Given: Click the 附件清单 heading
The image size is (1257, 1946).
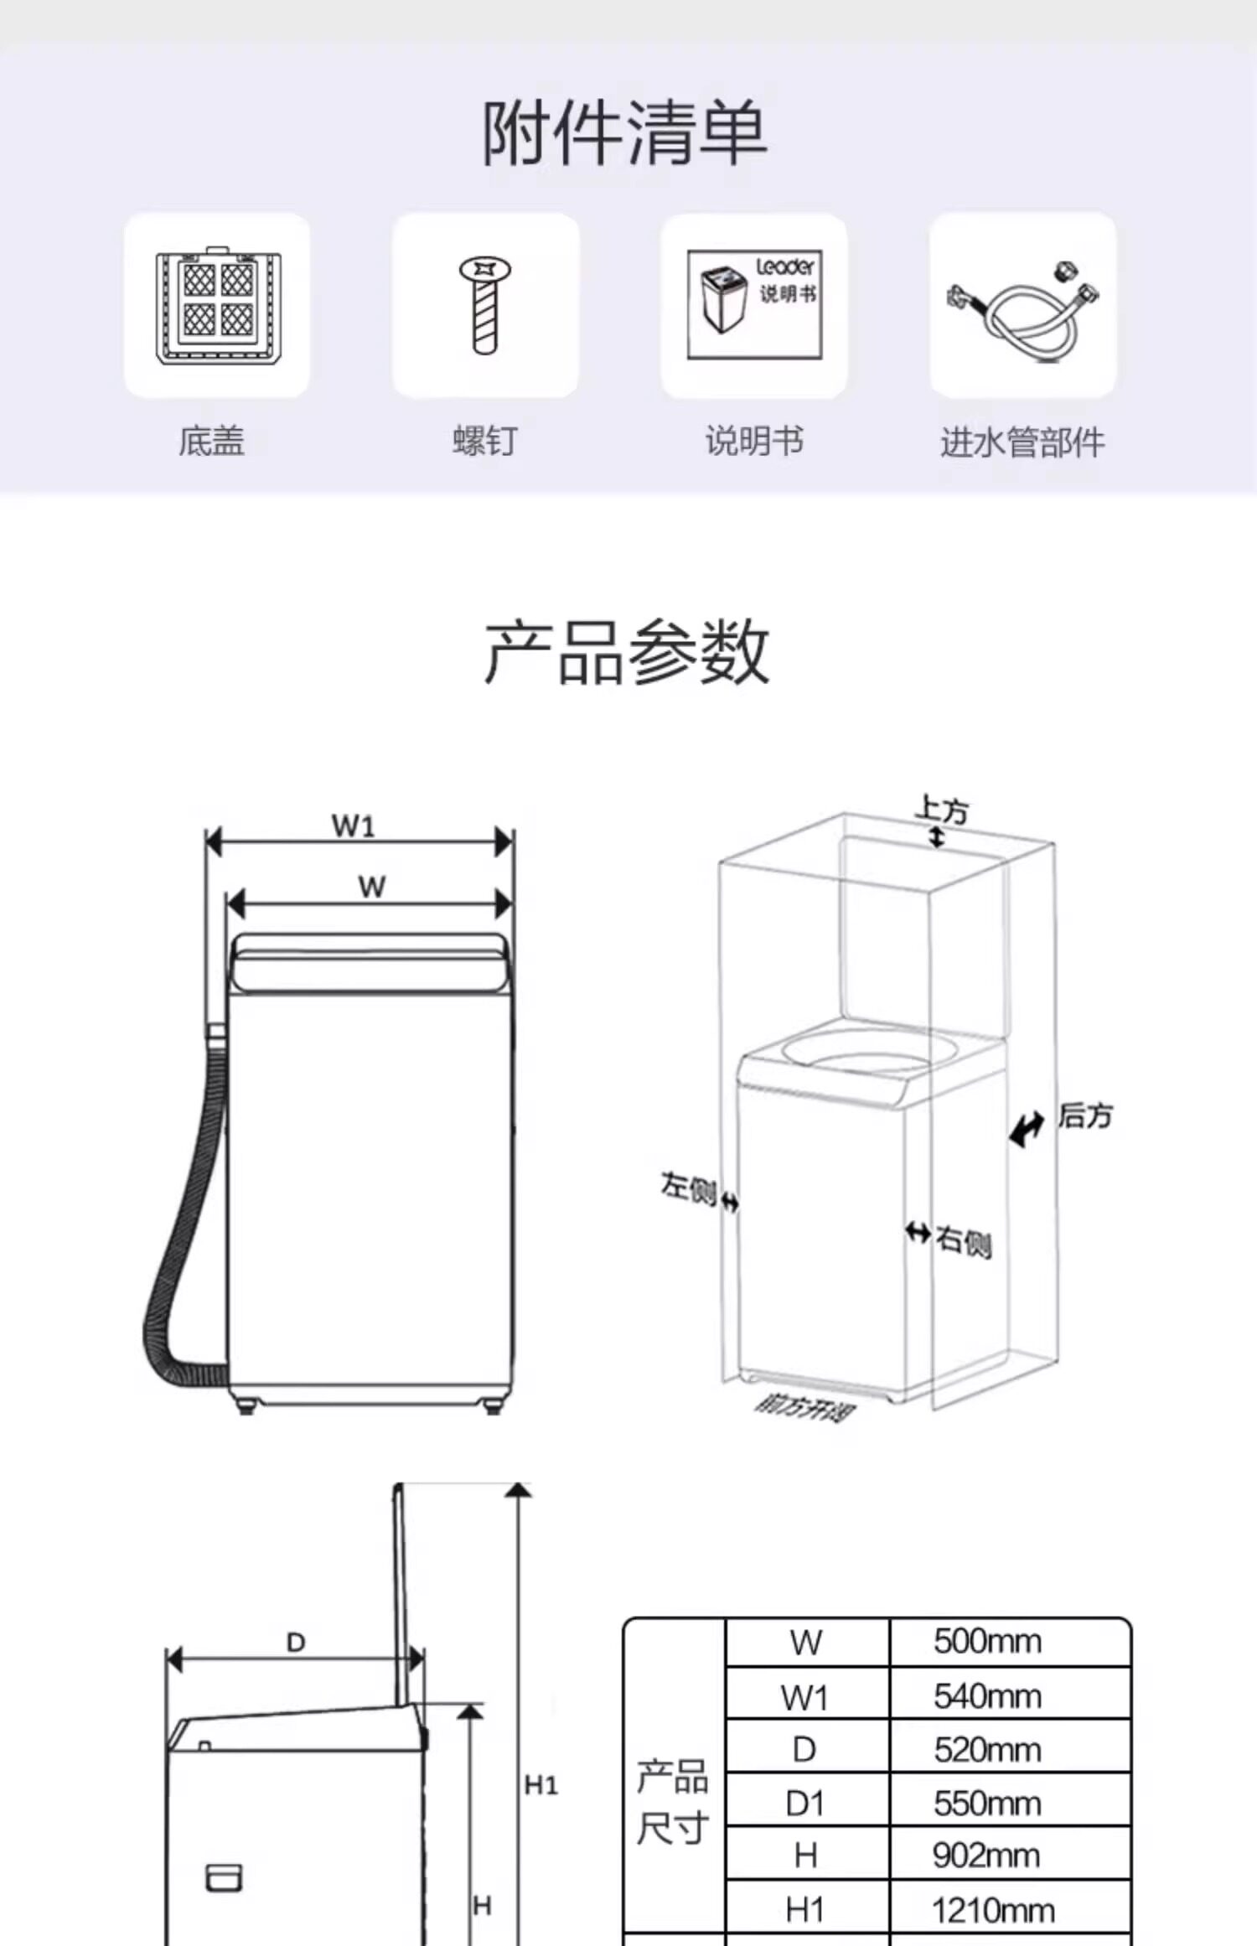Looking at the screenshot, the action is pos(624,132).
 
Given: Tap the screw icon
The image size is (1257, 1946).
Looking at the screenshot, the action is pos(484,305).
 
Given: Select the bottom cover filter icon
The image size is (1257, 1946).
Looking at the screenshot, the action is pos(217,305).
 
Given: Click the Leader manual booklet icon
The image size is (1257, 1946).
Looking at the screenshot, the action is pos(754,305).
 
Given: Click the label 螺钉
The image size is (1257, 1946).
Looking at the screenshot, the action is pos(484,441).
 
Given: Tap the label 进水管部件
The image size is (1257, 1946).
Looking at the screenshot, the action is pos(1022,442).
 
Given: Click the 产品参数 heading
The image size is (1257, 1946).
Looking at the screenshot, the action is pos(626,652).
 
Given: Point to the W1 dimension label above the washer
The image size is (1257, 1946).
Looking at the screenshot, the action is pos(353,826).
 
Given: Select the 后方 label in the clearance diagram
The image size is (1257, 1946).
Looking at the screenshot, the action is pos(1084,1116).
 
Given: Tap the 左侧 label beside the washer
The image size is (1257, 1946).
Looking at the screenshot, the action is pos(687,1187).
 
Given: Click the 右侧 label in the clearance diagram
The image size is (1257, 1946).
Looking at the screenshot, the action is pos(964,1240).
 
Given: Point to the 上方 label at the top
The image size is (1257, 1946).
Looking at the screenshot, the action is pos(942,810).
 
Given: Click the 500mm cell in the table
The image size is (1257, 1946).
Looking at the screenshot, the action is pos(987,1642).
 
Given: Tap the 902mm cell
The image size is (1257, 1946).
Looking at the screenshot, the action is pos(985,1856).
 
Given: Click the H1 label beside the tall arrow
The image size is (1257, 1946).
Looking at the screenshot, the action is pos(541,1786).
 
